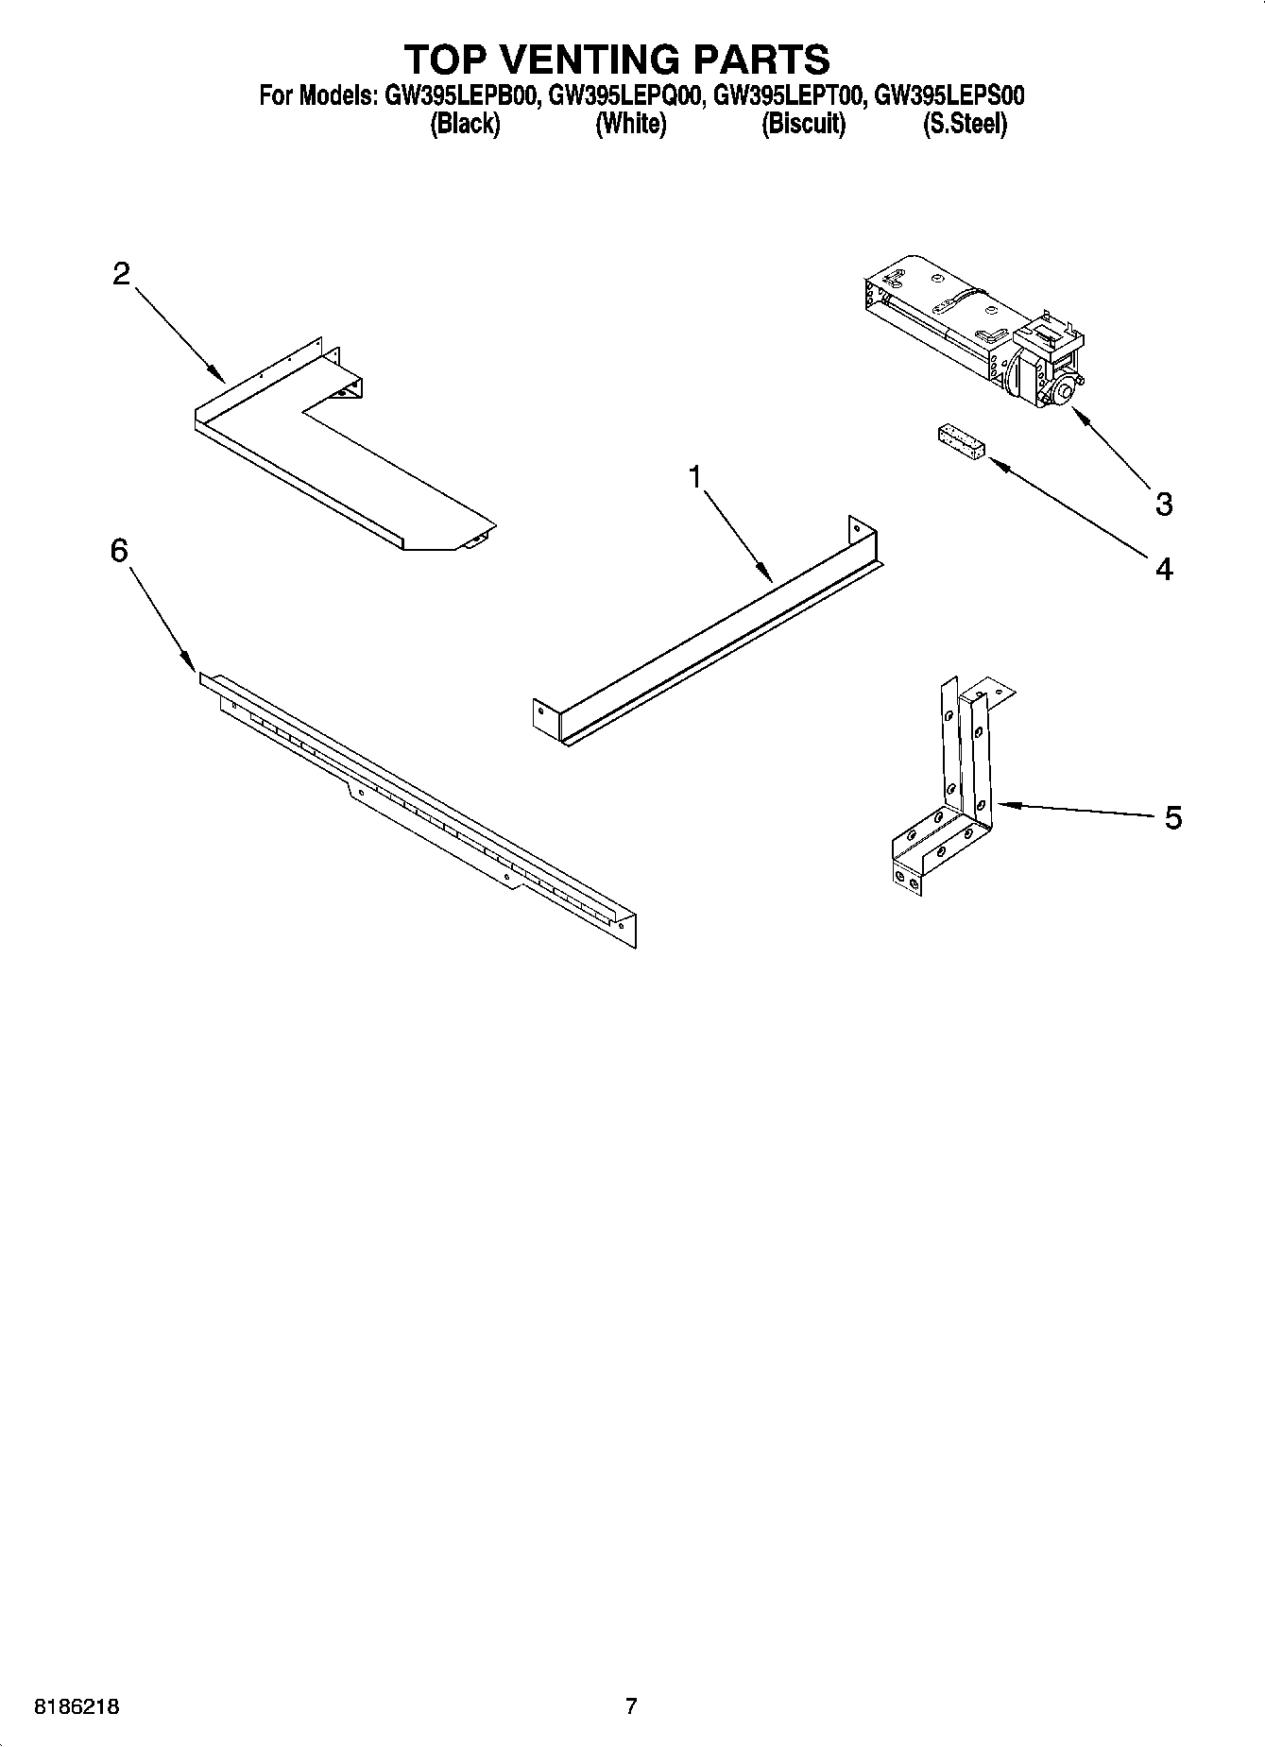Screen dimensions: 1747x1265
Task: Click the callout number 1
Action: click(x=695, y=478)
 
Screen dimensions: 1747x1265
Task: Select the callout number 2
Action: click(x=121, y=274)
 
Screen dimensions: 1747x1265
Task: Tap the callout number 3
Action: click(x=1164, y=504)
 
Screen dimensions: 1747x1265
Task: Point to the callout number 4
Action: click(x=1164, y=569)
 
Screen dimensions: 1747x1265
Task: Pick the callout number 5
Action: click(x=1172, y=817)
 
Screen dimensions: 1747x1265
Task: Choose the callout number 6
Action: click(x=119, y=550)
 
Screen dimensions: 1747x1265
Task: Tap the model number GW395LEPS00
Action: click(x=949, y=95)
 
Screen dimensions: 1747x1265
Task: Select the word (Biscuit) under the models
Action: click(x=803, y=124)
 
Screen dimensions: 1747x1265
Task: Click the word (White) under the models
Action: click(x=630, y=124)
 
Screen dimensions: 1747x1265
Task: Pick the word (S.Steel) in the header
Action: click(x=965, y=124)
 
